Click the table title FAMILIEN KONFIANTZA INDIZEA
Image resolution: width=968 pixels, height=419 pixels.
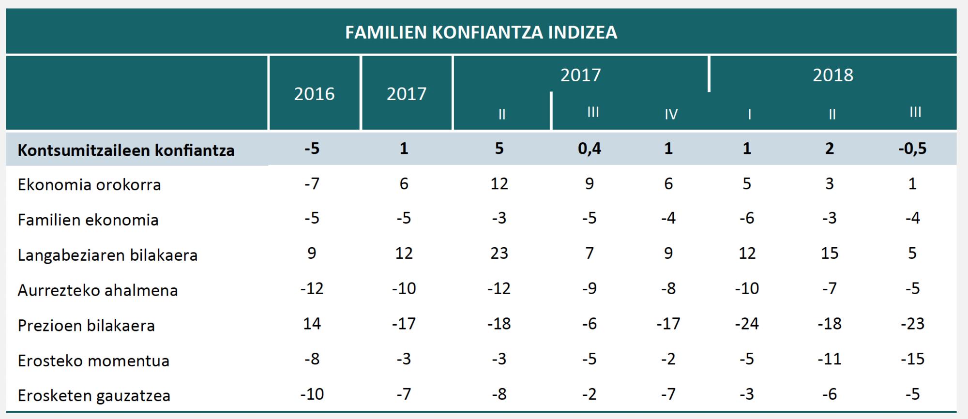point(481,32)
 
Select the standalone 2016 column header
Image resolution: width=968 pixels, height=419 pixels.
point(314,93)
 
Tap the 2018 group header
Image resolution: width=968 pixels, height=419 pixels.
point(832,75)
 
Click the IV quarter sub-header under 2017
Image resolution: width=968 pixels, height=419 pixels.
point(671,114)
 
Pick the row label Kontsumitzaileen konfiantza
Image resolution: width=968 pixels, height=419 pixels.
point(126,150)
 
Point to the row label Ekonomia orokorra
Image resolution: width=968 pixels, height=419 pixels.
point(89,184)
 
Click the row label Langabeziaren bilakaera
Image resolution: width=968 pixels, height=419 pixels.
point(107,255)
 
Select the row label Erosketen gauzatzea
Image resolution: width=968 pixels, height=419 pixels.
point(94,395)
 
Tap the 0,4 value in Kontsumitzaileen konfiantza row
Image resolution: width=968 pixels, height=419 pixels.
point(589,149)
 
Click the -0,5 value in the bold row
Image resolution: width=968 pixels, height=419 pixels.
point(912,149)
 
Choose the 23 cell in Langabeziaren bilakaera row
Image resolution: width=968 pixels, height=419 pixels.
point(499,253)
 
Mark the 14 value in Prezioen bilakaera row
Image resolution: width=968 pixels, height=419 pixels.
point(312,323)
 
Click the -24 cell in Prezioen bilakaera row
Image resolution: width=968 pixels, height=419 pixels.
point(746,323)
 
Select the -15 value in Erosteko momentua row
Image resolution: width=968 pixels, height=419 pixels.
point(912,359)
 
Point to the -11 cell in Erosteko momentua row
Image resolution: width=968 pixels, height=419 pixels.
point(829,359)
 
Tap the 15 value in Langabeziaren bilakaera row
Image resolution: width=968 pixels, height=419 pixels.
point(829,253)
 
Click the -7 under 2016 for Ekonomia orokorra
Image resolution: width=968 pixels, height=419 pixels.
point(312,184)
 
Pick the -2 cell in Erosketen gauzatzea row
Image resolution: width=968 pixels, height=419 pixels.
point(589,394)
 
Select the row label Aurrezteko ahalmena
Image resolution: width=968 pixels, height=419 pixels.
point(98,290)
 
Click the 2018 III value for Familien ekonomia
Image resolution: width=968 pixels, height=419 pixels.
point(912,218)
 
